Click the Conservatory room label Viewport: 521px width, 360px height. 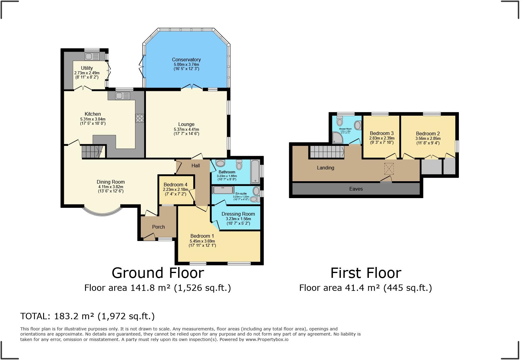click(x=186, y=59)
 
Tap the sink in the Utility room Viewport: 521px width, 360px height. click(x=92, y=56)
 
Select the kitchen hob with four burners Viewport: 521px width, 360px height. click(x=140, y=118)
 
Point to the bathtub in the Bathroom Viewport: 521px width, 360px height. click(x=255, y=172)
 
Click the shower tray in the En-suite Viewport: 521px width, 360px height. click(x=223, y=190)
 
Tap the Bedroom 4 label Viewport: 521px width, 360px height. click(x=175, y=185)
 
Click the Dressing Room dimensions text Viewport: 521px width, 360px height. click(x=238, y=221)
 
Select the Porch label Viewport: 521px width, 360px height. click(x=158, y=227)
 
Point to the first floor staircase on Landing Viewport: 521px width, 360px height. click(x=327, y=151)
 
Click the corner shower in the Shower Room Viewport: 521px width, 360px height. click(x=337, y=138)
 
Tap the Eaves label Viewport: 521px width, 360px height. click(x=356, y=189)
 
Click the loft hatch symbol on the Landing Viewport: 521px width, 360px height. click(x=389, y=169)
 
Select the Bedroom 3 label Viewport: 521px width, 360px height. click(x=381, y=133)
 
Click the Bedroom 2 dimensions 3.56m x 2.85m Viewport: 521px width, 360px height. click(x=428, y=139)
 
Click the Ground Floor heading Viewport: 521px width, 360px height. click(x=158, y=273)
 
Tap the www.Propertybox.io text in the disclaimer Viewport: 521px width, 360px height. click(x=267, y=339)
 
